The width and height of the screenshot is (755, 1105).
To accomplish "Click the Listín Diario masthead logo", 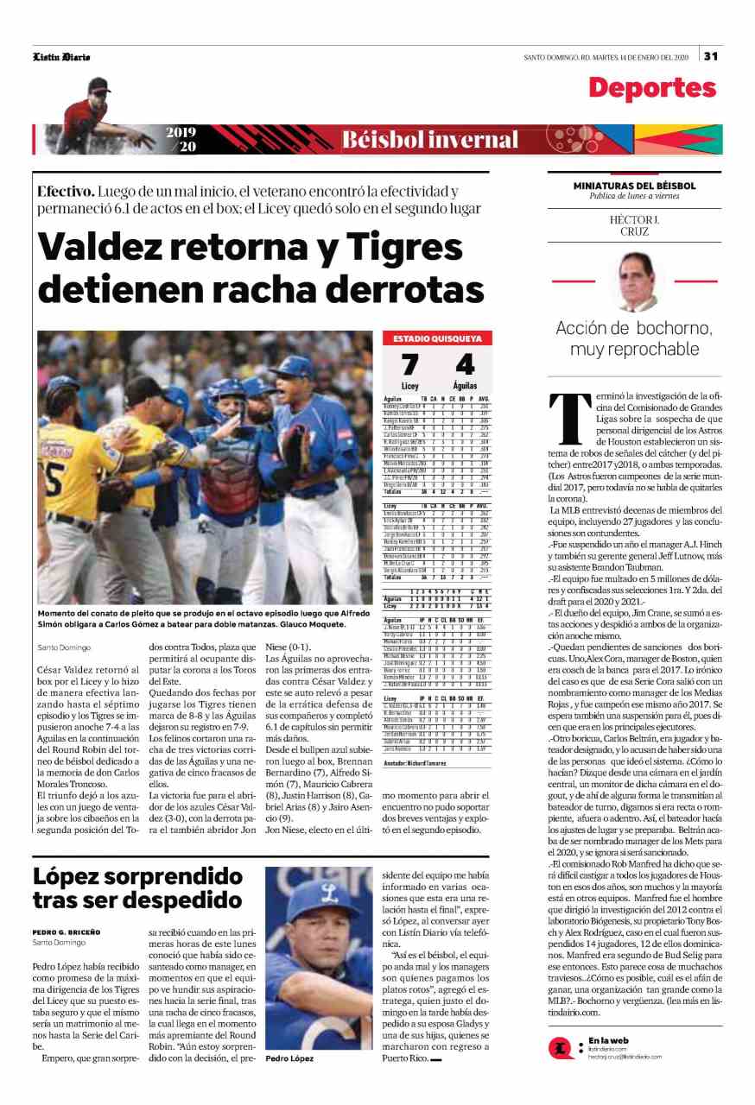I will tap(61, 57).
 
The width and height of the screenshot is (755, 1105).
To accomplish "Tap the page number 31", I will tap(711, 56).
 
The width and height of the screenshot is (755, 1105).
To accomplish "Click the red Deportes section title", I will tap(652, 87).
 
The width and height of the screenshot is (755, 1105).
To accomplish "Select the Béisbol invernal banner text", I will tap(430, 140).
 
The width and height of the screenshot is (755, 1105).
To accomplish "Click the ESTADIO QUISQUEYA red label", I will tap(437, 338).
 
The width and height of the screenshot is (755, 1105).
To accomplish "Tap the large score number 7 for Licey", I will tap(409, 365).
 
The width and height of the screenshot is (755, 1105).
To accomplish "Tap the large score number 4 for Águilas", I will tap(464, 365).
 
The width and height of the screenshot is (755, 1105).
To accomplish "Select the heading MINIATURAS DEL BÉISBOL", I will tap(634, 186).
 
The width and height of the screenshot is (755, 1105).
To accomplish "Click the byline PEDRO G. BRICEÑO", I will tap(67, 932).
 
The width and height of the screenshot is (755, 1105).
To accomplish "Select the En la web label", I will tap(606, 1039).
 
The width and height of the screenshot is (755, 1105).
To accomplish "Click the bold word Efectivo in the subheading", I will tap(66, 192).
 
